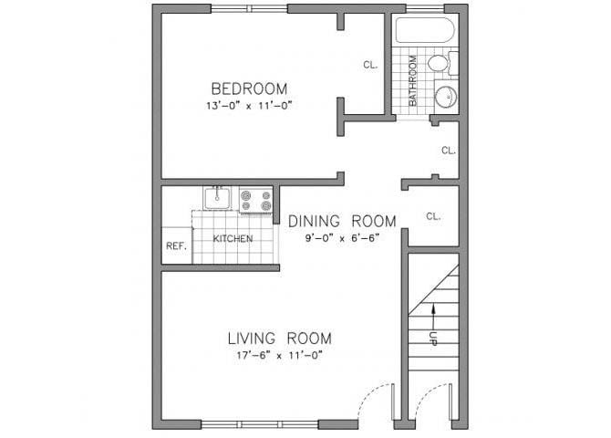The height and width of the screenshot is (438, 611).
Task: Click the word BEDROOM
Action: point(249,89)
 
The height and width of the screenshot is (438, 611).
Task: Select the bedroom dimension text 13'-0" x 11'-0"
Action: point(249,106)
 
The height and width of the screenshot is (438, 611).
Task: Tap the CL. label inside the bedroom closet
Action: point(370,65)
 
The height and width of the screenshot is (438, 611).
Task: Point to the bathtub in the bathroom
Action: point(424,33)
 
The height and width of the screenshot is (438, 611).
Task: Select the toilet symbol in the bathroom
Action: point(440,64)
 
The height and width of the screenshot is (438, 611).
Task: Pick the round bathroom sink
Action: point(445,98)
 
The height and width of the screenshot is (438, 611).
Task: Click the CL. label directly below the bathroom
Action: point(448,151)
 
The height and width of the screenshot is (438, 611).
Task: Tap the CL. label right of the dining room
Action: point(433,216)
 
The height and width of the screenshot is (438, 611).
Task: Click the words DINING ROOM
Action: point(342,221)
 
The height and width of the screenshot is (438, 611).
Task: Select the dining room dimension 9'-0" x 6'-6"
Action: point(342,238)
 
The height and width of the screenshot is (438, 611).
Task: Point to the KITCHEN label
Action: point(233,239)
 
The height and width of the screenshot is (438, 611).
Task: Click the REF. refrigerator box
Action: point(176,246)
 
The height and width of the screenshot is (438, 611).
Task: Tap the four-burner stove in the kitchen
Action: point(256,199)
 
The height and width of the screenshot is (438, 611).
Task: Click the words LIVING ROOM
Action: point(279,338)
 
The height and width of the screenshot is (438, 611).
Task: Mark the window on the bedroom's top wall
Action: point(249,9)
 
